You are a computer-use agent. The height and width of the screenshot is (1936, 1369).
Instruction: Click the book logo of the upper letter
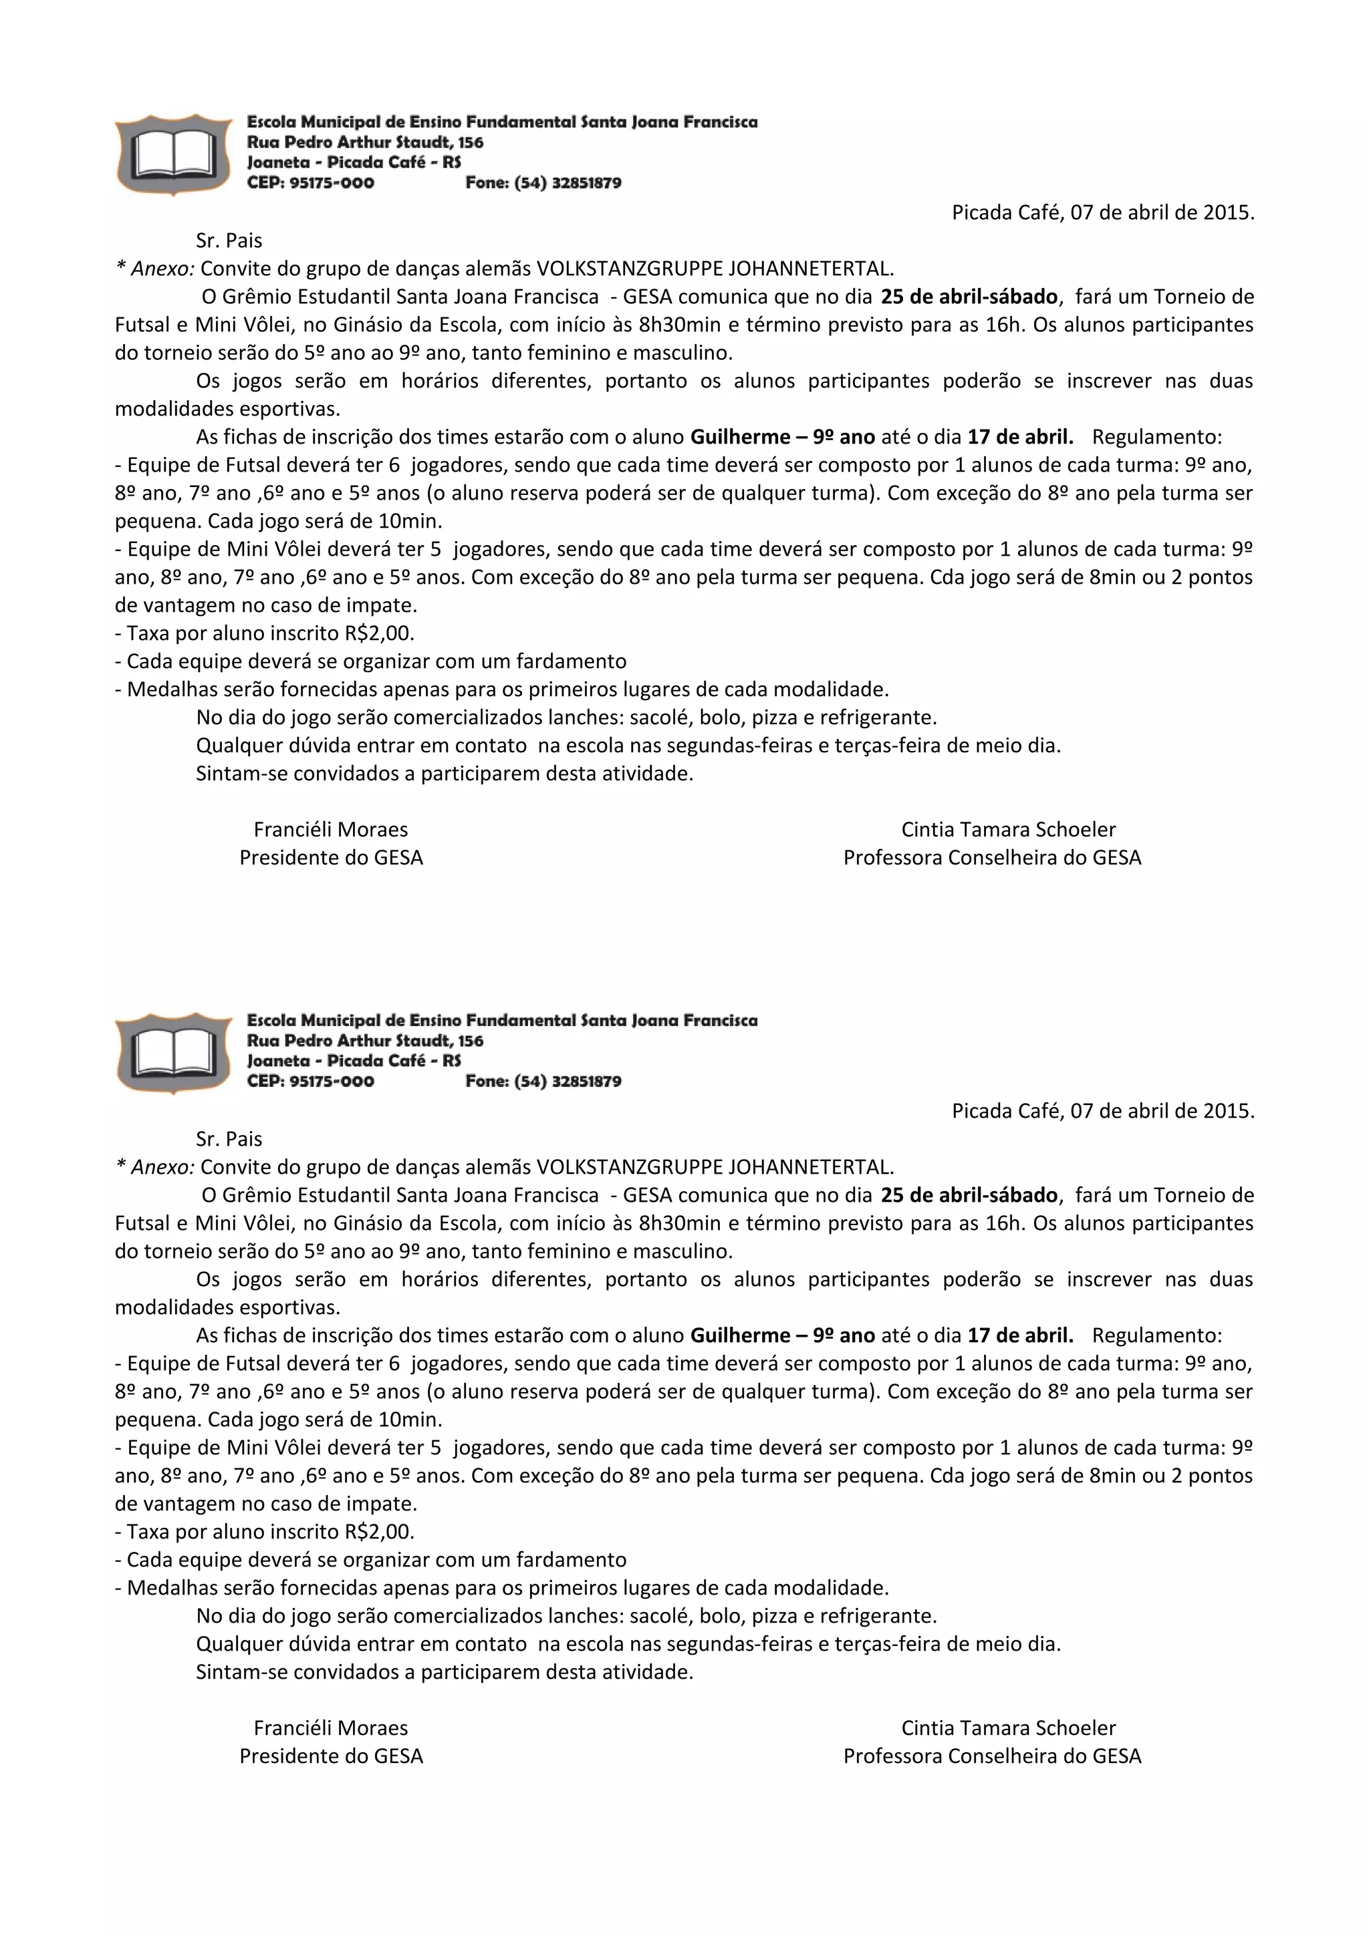coord(174,154)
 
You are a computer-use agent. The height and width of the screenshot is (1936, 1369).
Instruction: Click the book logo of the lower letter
coord(174,1052)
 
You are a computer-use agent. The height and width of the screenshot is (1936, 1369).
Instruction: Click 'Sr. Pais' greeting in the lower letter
coord(229,1139)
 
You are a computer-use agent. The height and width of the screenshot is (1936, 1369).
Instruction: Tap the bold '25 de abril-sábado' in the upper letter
coord(969,297)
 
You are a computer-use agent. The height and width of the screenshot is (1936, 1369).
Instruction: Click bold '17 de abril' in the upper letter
coord(1020,437)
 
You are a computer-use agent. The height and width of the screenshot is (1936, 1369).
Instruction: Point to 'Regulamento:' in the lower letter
coord(1156,1335)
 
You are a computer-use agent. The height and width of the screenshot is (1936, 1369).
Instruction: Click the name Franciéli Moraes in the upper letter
coord(331,830)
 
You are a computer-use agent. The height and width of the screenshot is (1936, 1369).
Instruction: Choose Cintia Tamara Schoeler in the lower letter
coord(1008,1728)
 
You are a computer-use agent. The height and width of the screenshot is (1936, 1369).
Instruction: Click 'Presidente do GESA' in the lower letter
coord(331,1756)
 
